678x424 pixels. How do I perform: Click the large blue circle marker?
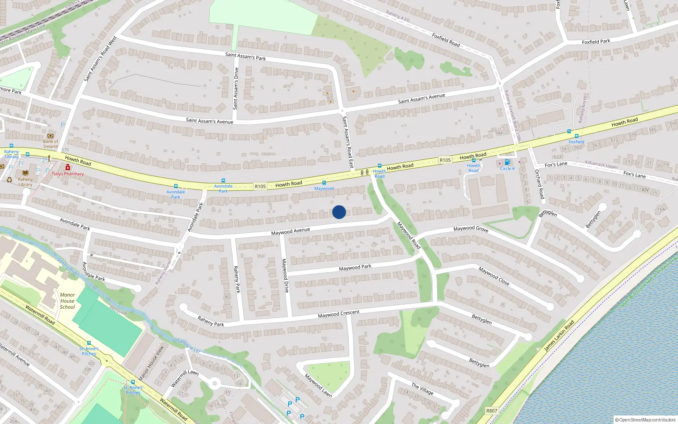[339, 212]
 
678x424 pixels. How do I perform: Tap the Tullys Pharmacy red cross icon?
[68, 167]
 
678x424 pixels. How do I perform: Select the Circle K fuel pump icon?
[507, 162]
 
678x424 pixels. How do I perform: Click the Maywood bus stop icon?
[324, 183]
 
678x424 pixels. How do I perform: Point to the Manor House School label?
[67, 301]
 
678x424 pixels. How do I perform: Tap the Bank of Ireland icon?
[50, 136]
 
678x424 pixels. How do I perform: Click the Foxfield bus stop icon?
[576, 137]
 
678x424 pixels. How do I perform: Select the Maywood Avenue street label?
[290, 231]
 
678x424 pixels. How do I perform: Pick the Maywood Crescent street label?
[339, 314]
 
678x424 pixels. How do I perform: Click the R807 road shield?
[492, 410]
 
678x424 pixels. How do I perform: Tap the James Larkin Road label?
[559, 335]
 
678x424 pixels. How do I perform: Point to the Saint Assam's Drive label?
[236, 88]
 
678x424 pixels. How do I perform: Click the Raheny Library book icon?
[25, 173]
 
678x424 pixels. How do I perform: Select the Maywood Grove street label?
[471, 229]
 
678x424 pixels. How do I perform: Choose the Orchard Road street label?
[539, 184]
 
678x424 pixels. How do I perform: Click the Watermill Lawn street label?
[184, 378]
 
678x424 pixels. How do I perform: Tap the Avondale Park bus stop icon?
[223, 181]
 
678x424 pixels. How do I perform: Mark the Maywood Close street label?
[494, 276]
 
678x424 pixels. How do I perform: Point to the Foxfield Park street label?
[596, 42]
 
